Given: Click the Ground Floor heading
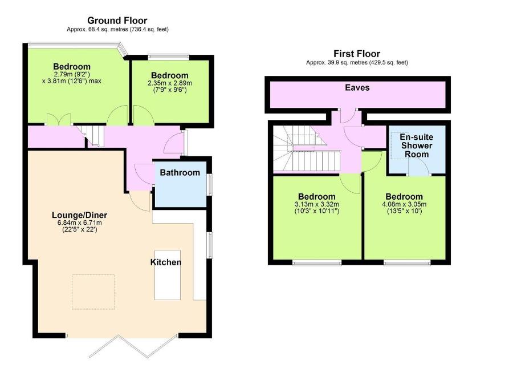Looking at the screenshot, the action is pyautogui.click(x=117, y=21).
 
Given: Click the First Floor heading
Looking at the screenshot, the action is pyautogui.click(x=357, y=54).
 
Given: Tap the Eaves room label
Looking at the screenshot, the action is pyautogui.click(x=357, y=87).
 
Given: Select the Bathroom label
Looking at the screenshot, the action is pyautogui.click(x=180, y=172).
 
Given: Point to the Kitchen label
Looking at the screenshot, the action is pyautogui.click(x=166, y=262).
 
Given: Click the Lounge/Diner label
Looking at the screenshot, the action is pyautogui.click(x=80, y=215).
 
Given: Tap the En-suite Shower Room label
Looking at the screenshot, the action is pyautogui.click(x=417, y=145).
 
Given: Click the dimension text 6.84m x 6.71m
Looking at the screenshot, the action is pyautogui.click(x=80, y=223).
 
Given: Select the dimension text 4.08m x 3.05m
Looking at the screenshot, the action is pyautogui.click(x=404, y=204).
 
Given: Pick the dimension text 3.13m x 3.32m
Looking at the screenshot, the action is pyautogui.click(x=316, y=204).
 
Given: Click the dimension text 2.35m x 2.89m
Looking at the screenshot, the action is pyautogui.click(x=170, y=83).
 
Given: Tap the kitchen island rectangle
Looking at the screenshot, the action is pyautogui.click(x=168, y=275).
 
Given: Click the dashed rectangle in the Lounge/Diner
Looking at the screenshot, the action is pyautogui.click(x=93, y=292).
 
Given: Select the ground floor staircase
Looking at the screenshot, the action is pyautogui.click(x=92, y=135).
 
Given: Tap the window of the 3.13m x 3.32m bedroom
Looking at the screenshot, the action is pyautogui.click(x=317, y=263).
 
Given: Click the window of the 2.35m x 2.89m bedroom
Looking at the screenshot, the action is pyautogui.click(x=169, y=57).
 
